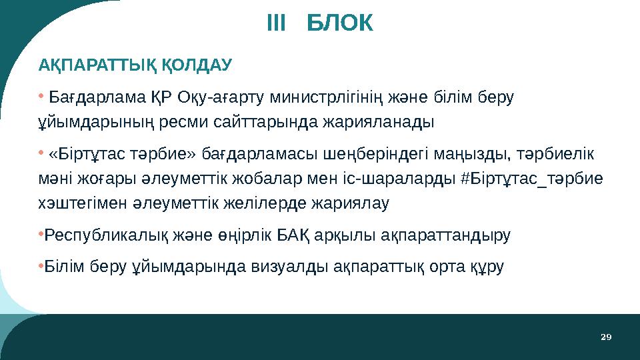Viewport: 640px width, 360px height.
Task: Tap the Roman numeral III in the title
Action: (x=275, y=25)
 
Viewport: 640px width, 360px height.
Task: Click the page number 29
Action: (x=605, y=337)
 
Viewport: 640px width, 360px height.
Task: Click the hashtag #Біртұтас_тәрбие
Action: (x=531, y=179)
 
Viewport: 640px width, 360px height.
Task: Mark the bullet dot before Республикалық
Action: (x=40, y=234)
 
